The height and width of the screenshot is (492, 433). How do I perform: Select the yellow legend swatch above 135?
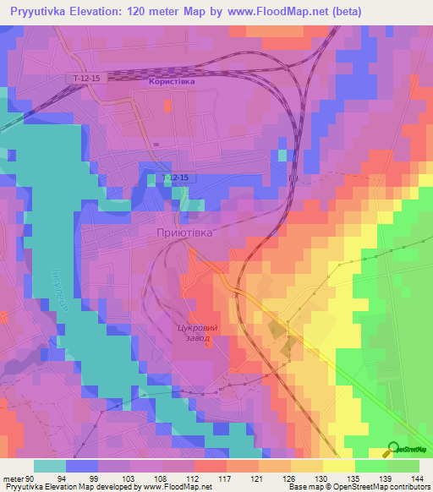[x=337, y=466]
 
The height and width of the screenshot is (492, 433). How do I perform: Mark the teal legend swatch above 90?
[x=50, y=466]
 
